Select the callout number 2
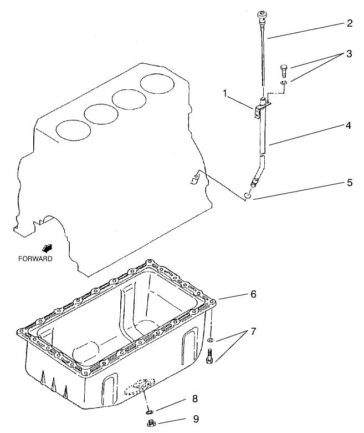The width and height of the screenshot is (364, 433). [x=349, y=24]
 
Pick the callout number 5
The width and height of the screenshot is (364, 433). [x=349, y=182]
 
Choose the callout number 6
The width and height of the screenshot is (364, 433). [x=253, y=294]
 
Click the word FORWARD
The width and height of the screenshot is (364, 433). [x=35, y=259]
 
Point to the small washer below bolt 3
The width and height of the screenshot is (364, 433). [x=284, y=83]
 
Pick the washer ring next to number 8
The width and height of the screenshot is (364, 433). [x=149, y=411]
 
